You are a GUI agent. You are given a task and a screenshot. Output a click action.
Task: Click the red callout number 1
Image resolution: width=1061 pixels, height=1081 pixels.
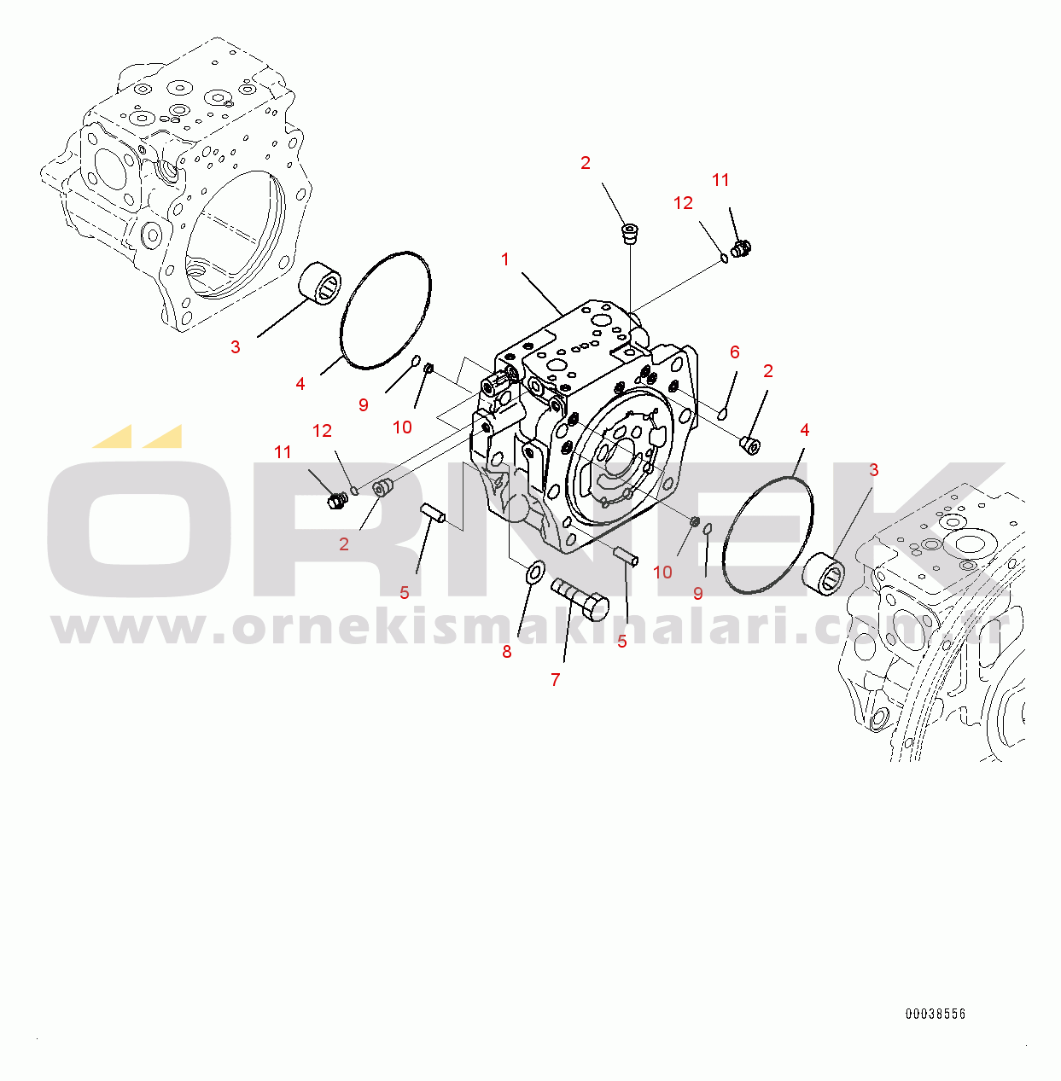click(x=505, y=259)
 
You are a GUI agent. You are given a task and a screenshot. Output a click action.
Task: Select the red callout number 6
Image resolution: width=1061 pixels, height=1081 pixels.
click(x=735, y=352)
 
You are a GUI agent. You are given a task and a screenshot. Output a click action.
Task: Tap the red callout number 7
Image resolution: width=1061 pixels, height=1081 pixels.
click(x=556, y=680)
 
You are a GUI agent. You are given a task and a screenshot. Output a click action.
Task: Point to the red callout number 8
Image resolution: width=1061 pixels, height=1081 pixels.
click(x=507, y=652)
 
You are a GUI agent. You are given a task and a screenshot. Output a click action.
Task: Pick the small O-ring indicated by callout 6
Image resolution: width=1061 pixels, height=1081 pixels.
click(x=723, y=414)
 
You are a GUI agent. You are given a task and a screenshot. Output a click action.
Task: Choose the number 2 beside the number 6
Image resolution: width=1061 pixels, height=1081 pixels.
click(x=768, y=371)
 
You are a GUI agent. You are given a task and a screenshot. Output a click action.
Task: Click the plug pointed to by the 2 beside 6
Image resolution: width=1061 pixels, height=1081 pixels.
click(x=751, y=446)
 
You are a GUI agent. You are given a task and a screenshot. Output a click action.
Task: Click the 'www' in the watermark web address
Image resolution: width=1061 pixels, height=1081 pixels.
click(x=128, y=628)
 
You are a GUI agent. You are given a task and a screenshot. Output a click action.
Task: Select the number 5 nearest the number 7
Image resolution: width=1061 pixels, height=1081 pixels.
click(x=622, y=642)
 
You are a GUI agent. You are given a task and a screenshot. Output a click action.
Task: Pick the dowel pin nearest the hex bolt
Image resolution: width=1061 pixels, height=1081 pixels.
click(x=626, y=556)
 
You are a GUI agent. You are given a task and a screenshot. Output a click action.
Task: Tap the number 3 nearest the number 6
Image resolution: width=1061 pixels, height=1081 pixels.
click(x=873, y=469)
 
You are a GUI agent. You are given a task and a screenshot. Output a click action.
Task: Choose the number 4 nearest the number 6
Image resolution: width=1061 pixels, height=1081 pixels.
click(x=804, y=430)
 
